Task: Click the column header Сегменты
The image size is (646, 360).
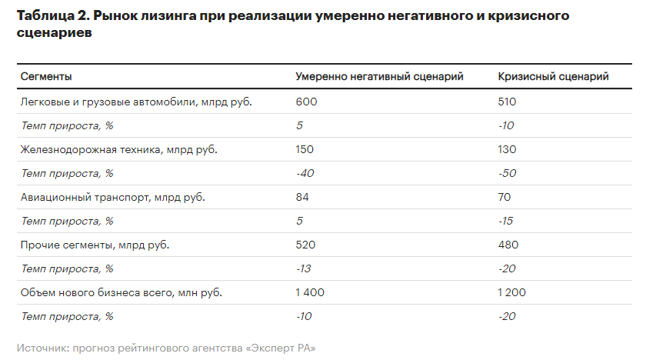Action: [x=46, y=77]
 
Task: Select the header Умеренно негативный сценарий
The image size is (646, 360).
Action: [x=380, y=77]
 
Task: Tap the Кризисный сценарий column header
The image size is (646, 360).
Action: [x=554, y=77]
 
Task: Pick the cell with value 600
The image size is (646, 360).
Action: [x=306, y=102]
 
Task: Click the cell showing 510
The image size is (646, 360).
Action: [x=507, y=102]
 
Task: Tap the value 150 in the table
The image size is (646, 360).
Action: [x=305, y=149]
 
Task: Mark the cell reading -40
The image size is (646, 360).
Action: [x=305, y=173]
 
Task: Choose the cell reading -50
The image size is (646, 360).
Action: [x=507, y=173]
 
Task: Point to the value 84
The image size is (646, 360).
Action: [x=303, y=197]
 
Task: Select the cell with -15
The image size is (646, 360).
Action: [x=506, y=221]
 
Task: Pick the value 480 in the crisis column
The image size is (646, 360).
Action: [x=508, y=245]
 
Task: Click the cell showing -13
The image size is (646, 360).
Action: [x=305, y=268]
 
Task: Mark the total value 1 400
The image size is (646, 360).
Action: [x=310, y=292]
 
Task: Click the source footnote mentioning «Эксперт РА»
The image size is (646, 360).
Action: [x=166, y=348]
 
